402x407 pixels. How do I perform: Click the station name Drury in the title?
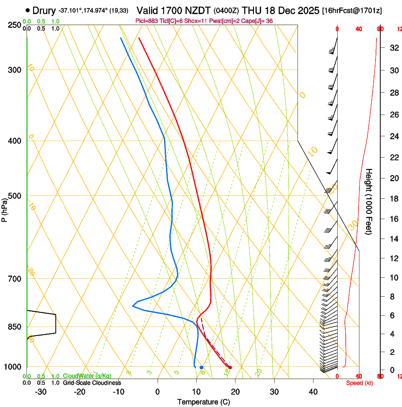tap(44, 10)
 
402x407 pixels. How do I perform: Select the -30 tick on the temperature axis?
tap(41, 391)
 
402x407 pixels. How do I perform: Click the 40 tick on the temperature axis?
tap(313, 391)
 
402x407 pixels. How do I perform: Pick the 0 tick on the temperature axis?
tap(157, 391)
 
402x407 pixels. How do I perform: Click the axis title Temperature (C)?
tap(203, 402)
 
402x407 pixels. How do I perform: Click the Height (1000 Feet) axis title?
tap(369, 201)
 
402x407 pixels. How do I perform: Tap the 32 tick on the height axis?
tap(393, 48)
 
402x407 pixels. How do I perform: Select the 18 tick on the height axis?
tap(393, 199)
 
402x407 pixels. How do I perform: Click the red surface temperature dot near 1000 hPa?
tap(230, 367)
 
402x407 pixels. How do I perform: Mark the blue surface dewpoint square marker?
tap(201, 367)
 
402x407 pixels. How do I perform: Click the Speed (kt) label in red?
tap(359, 382)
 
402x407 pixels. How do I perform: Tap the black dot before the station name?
tap(27, 10)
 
